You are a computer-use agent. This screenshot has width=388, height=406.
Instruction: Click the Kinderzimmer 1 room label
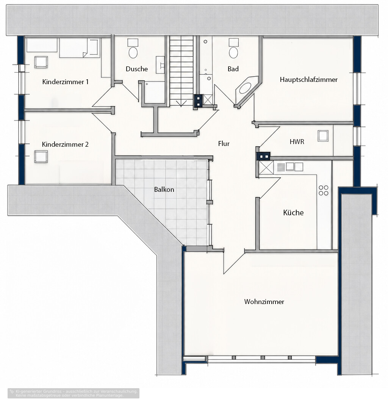65,82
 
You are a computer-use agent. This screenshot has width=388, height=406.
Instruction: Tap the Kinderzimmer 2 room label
65,144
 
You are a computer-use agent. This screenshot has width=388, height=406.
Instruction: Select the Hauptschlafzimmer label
308,80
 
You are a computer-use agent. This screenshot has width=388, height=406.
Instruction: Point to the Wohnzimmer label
264,302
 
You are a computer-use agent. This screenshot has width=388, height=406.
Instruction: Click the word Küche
293,213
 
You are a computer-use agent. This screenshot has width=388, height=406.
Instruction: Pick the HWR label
297,142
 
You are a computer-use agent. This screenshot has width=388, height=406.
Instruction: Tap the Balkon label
164,190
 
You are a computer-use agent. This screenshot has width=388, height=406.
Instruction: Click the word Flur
224,144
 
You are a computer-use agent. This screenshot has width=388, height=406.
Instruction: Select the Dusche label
137,69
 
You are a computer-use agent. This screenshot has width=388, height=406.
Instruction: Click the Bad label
233,69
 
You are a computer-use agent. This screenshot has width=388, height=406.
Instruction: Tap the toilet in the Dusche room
133,49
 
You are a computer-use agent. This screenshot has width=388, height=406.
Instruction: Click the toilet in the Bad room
233,49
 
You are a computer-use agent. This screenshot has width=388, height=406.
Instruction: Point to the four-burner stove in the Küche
324,190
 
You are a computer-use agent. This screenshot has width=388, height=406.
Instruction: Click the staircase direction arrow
181,103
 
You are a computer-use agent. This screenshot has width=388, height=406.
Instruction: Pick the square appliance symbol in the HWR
323,136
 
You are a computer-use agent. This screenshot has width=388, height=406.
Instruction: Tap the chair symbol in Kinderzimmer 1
41,62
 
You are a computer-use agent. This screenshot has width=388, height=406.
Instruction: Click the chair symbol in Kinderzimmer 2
41,157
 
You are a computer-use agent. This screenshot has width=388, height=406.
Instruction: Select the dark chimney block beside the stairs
198,101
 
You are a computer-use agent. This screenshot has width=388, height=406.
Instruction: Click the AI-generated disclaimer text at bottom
74,393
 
